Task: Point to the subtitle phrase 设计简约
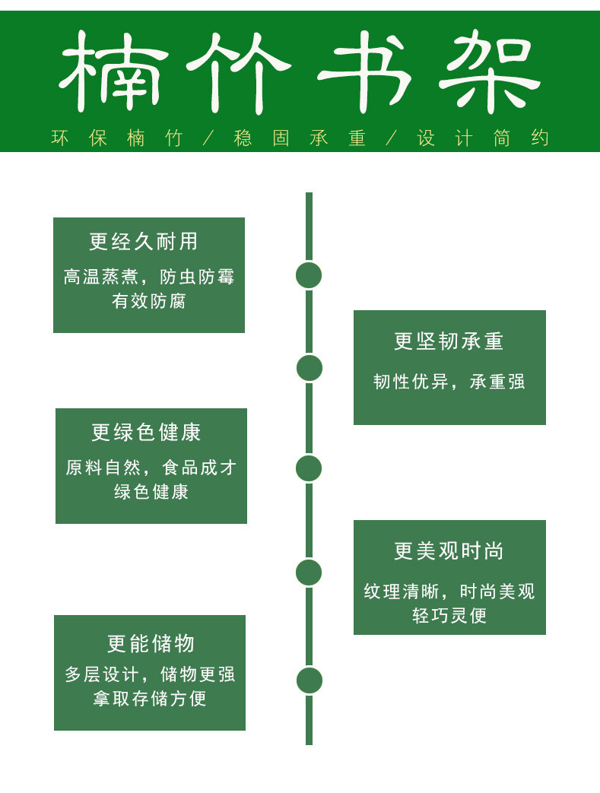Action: [x=483, y=138]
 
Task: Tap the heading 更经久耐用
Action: [x=144, y=242]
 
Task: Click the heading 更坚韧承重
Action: [x=449, y=341]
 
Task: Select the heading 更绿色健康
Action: [x=146, y=433]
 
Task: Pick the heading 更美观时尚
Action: [x=449, y=551]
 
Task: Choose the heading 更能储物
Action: [x=151, y=644]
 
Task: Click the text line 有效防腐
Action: [x=149, y=301]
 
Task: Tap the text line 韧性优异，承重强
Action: [x=449, y=382]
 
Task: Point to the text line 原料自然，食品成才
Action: [x=151, y=468]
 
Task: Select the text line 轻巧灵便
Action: [x=449, y=615]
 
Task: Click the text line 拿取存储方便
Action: [x=150, y=698]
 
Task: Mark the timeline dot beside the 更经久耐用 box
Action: [x=309, y=275]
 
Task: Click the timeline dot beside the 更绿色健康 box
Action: [x=309, y=468]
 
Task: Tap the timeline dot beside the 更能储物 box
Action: [x=309, y=680]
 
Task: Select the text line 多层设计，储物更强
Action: [x=150, y=674]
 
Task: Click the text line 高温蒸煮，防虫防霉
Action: [x=149, y=277]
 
